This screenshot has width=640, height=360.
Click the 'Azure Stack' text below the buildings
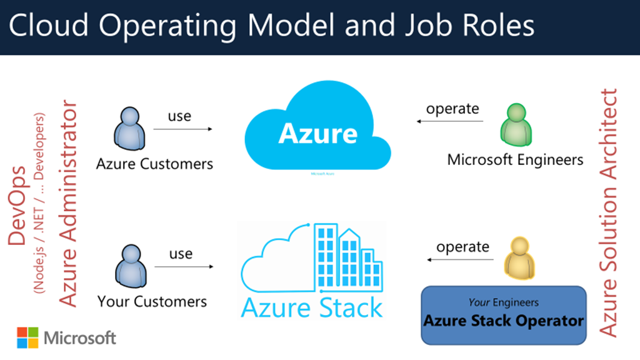312,308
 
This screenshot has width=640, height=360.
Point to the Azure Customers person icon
129,128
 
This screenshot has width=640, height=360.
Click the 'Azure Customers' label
154,164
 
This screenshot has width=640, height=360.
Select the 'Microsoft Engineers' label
515,159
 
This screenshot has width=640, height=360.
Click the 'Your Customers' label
152,301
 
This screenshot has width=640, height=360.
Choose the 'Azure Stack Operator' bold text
503,321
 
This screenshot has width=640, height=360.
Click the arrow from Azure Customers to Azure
182,129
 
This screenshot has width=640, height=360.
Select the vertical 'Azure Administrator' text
68,203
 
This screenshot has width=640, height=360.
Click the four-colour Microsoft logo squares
27,337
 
